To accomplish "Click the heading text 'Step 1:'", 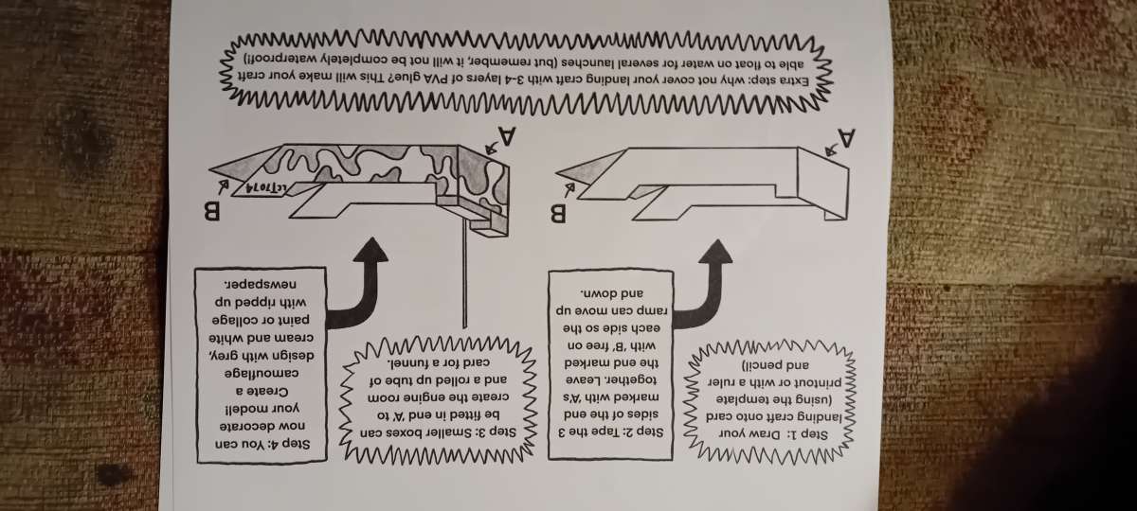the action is coord(806,435).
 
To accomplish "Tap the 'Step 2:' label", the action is coord(641,432).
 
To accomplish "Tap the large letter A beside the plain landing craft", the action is coord(846,138).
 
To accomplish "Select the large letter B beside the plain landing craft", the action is coord(557,214).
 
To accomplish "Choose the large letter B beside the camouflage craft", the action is coord(211,211).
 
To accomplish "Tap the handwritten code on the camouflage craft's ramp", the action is coord(266,187).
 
